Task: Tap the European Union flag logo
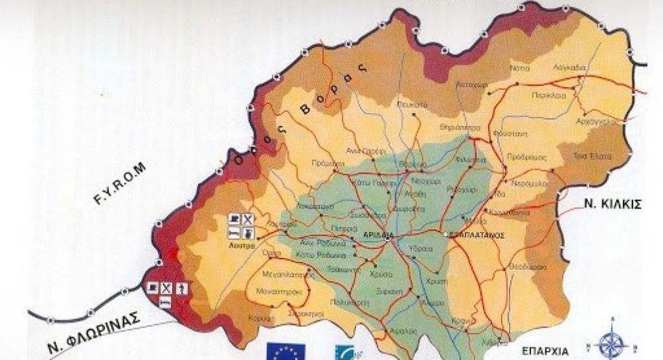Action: tap(285, 352)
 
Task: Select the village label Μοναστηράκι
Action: tap(283, 292)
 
